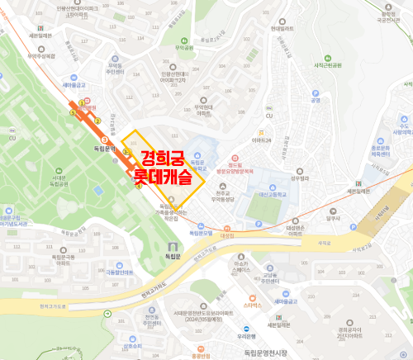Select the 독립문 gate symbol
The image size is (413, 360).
[x=171, y=246]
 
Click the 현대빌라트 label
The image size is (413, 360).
[x=282, y=28]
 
